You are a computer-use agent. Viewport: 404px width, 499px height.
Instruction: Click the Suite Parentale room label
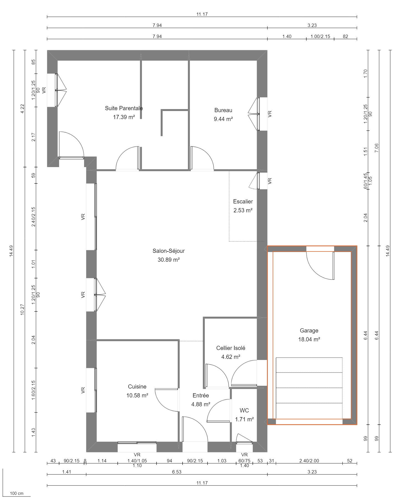point(124,108)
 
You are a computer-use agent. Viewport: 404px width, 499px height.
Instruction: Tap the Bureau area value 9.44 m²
point(223,119)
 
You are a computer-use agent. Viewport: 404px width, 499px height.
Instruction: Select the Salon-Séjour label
point(168,251)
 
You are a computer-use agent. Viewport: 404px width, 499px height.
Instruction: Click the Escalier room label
point(243,201)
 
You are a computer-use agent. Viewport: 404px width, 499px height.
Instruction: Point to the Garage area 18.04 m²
point(309,339)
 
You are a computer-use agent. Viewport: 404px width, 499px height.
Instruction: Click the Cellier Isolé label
point(231,348)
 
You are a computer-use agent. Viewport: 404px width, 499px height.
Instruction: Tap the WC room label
point(244,410)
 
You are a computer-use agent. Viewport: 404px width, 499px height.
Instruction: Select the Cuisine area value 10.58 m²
point(137,395)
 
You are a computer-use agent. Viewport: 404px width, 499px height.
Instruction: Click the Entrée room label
point(201,395)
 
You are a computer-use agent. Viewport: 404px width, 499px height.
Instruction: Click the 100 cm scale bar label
point(17,493)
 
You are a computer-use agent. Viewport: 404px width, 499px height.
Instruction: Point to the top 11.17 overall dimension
point(202,14)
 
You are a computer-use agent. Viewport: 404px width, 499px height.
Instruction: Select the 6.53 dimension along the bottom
point(177,472)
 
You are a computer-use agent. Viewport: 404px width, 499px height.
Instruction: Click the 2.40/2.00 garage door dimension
point(309,461)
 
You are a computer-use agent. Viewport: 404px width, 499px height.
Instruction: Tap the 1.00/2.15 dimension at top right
point(320,36)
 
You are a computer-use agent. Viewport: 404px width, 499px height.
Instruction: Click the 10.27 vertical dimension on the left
point(22,309)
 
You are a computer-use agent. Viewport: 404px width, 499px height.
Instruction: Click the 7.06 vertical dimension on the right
point(377,148)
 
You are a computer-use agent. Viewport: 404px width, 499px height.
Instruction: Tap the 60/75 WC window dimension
point(244,461)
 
